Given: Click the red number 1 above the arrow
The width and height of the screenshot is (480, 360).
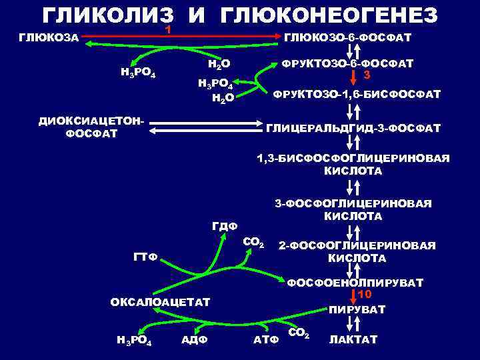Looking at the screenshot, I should pyautogui.click(x=169, y=30).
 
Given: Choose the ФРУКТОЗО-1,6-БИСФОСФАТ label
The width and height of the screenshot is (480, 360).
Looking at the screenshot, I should pyautogui.click(x=354, y=94).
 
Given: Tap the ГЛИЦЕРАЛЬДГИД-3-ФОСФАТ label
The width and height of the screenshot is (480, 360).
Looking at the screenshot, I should pyautogui.click(x=353, y=127).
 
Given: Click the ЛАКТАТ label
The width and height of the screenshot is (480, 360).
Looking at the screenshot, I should pyautogui.click(x=353, y=339).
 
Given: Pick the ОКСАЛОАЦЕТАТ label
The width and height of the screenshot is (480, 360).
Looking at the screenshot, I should pyautogui.click(x=160, y=302).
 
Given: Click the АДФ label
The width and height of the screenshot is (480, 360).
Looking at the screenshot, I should pyautogui.click(x=195, y=340).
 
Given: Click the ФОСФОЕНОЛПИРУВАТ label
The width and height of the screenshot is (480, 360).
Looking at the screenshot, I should pyautogui.click(x=355, y=283).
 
